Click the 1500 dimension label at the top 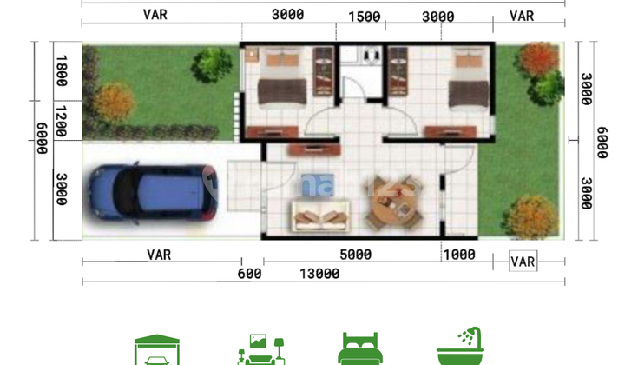pyautogui.click(x=365, y=17)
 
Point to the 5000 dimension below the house pyautogui.click(x=355, y=255)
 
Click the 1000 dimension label pyautogui.click(x=458, y=255)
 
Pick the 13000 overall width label pyautogui.click(x=319, y=274)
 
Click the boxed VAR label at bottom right pyautogui.click(x=523, y=262)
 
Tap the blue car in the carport pyautogui.click(x=151, y=192)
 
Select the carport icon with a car pyautogui.click(x=157, y=349)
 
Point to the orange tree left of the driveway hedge pyautogui.click(x=114, y=101)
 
